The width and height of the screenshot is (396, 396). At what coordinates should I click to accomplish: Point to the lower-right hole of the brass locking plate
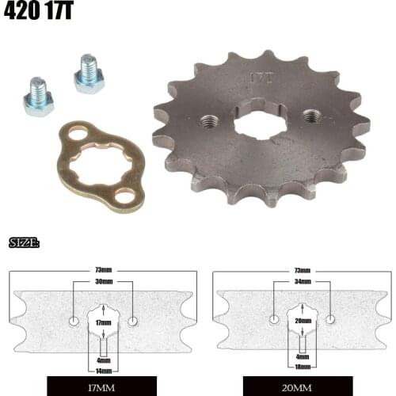coord(125,195)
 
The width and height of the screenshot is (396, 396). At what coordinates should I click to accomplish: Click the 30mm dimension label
coord(103,281)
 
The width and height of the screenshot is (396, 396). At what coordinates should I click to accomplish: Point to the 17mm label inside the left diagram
coord(103,323)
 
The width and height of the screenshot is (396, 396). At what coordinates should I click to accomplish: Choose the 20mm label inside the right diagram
coord(303,321)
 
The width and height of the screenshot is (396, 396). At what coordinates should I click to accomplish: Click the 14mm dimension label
coord(103,370)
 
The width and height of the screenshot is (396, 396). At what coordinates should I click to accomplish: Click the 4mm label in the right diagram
coord(303,357)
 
